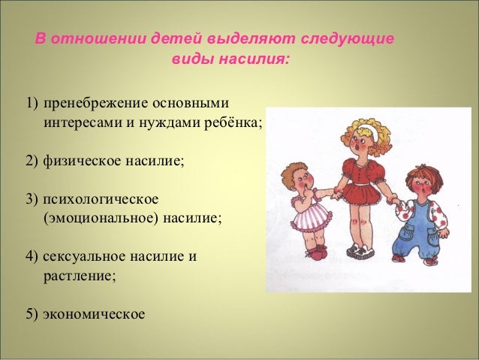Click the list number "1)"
point(32,103)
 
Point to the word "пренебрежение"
point(96,104)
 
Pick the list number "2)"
point(32,161)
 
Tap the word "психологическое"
point(101,200)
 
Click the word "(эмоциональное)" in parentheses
point(101,219)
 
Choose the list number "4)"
point(32,256)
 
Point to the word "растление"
point(78,276)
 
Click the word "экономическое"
point(94,314)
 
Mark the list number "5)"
point(32,314)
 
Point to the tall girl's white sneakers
point(361,251)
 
